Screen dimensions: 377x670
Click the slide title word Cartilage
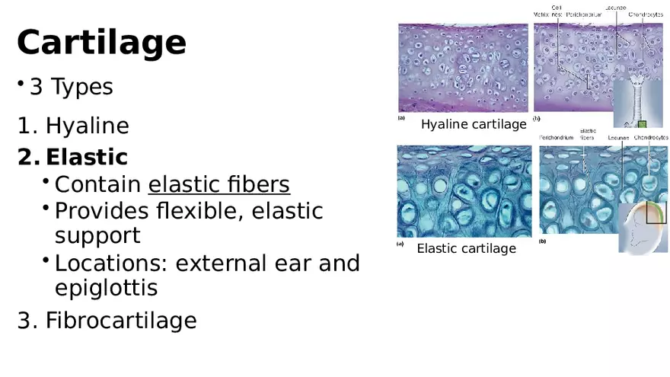pyautogui.click(x=101, y=42)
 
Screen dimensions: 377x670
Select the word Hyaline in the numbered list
pyautogui.click(x=87, y=126)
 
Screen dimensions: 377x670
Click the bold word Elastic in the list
pyautogui.click(x=86, y=158)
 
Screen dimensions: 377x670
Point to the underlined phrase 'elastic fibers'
pyautogui.click(x=219, y=185)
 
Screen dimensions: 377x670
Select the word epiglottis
pyautogui.click(x=106, y=289)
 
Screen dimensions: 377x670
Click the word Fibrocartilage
pyautogui.click(x=121, y=321)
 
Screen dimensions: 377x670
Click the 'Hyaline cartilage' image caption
pyautogui.click(x=474, y=124)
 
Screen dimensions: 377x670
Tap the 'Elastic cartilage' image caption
pyautogui.click(x=466, y=249)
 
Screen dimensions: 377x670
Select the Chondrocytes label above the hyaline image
pyautogui.click(x=645, y=14)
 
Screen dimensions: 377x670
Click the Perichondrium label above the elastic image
pyautogui.click(x=556, y=138)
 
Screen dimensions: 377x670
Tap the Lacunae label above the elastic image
pyautogui.click(x=619, y=138)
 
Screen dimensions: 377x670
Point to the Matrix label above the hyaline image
pyautogui.click(x=541, y=14)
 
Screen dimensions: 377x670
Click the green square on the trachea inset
pyautogui.click(x=643, y=122)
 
